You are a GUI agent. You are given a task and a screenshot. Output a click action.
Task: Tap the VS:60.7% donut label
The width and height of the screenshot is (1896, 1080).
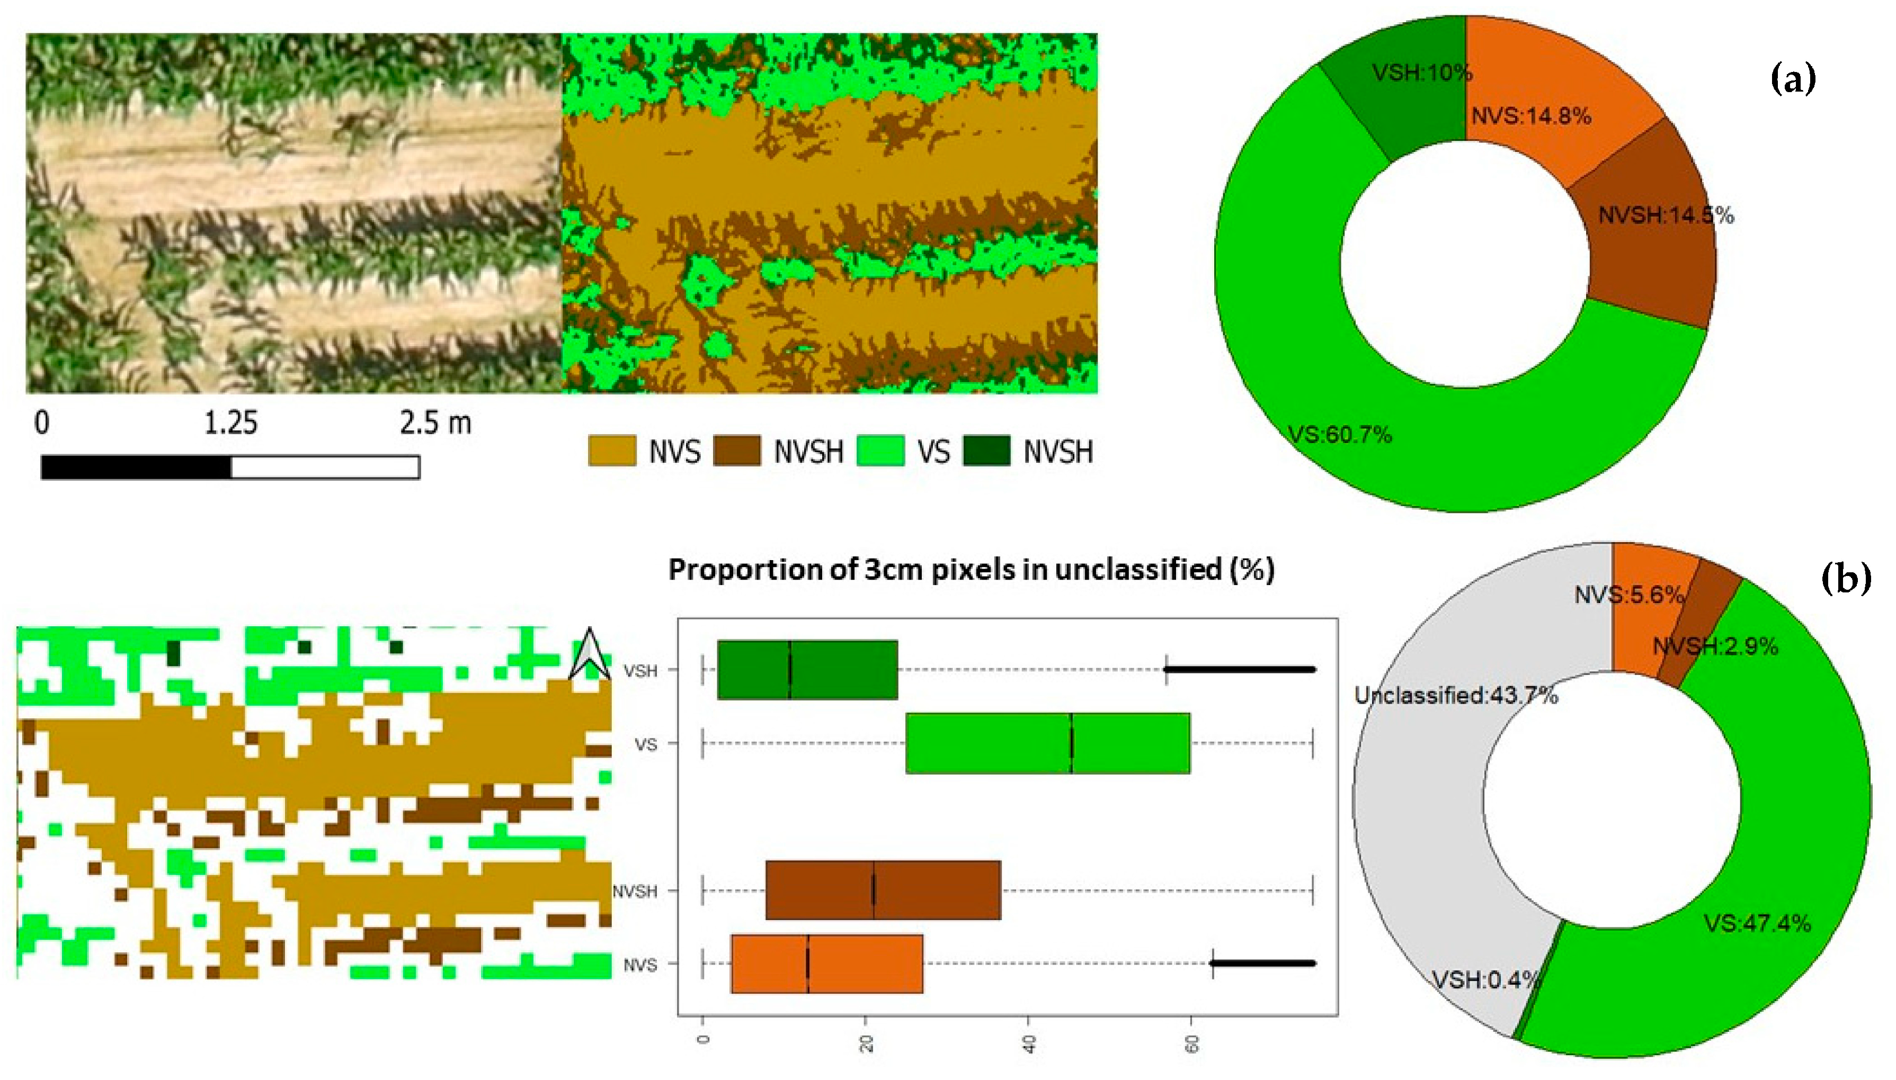click(x=1339, y=435)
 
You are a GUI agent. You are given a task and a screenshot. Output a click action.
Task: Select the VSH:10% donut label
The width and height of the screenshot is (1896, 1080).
click(x=1421, y=73)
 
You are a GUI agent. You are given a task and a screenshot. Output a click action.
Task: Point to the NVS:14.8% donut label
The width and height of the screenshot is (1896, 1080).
click(x=1531, y=116)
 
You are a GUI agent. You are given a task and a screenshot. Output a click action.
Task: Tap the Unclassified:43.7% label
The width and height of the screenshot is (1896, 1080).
click(x=1455, y=696)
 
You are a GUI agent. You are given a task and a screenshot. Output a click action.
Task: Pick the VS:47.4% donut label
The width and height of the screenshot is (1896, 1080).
click(x=1757, y=923)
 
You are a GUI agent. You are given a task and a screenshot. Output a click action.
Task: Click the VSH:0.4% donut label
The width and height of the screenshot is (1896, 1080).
click(x=1485, y=980)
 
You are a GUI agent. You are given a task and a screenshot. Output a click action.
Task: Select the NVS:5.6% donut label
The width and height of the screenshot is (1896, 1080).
click(x=1628, y=595)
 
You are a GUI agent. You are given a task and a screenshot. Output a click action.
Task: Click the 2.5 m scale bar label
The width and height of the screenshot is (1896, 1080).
click(x=435, y=424)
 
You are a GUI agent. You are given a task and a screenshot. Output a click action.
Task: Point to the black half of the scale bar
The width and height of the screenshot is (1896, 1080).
click(x=136, y=467)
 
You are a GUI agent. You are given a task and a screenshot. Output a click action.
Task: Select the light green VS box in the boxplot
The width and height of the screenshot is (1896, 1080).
click(x=1047, y=743)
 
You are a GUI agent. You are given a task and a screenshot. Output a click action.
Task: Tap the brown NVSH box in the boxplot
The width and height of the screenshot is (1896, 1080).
click(x=883, y=890)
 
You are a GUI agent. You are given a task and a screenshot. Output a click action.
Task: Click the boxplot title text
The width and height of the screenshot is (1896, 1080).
click(x=971, y=570)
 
